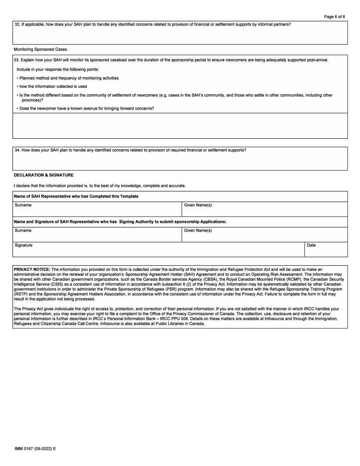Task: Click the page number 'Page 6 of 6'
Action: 334,17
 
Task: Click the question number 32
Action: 17,25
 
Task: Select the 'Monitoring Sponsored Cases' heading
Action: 40,49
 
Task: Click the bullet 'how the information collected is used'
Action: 53,86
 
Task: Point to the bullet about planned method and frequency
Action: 69,78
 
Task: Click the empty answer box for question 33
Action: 180,126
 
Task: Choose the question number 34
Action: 17,150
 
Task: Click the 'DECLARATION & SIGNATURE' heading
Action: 44,175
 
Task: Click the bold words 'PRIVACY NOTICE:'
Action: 32,269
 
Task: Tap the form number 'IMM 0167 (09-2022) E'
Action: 35,449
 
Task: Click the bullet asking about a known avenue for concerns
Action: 87,108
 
